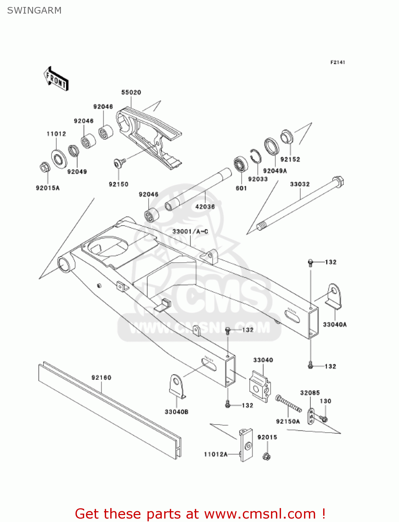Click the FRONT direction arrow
(x=56, y=79)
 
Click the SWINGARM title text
(x=34, y=10)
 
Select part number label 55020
(x=131, y=92)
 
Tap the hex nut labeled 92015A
(x=45, y=168)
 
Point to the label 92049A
(x=275, y=171)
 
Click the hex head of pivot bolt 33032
(x=338, y=182)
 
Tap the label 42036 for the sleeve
(x=205, y=207)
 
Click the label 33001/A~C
(x=190, y=231)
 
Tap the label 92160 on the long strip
(x=101, y=378)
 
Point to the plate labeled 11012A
(x=246, y=445)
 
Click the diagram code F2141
(x=337, y=62)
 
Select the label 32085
(x=310, y=393)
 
